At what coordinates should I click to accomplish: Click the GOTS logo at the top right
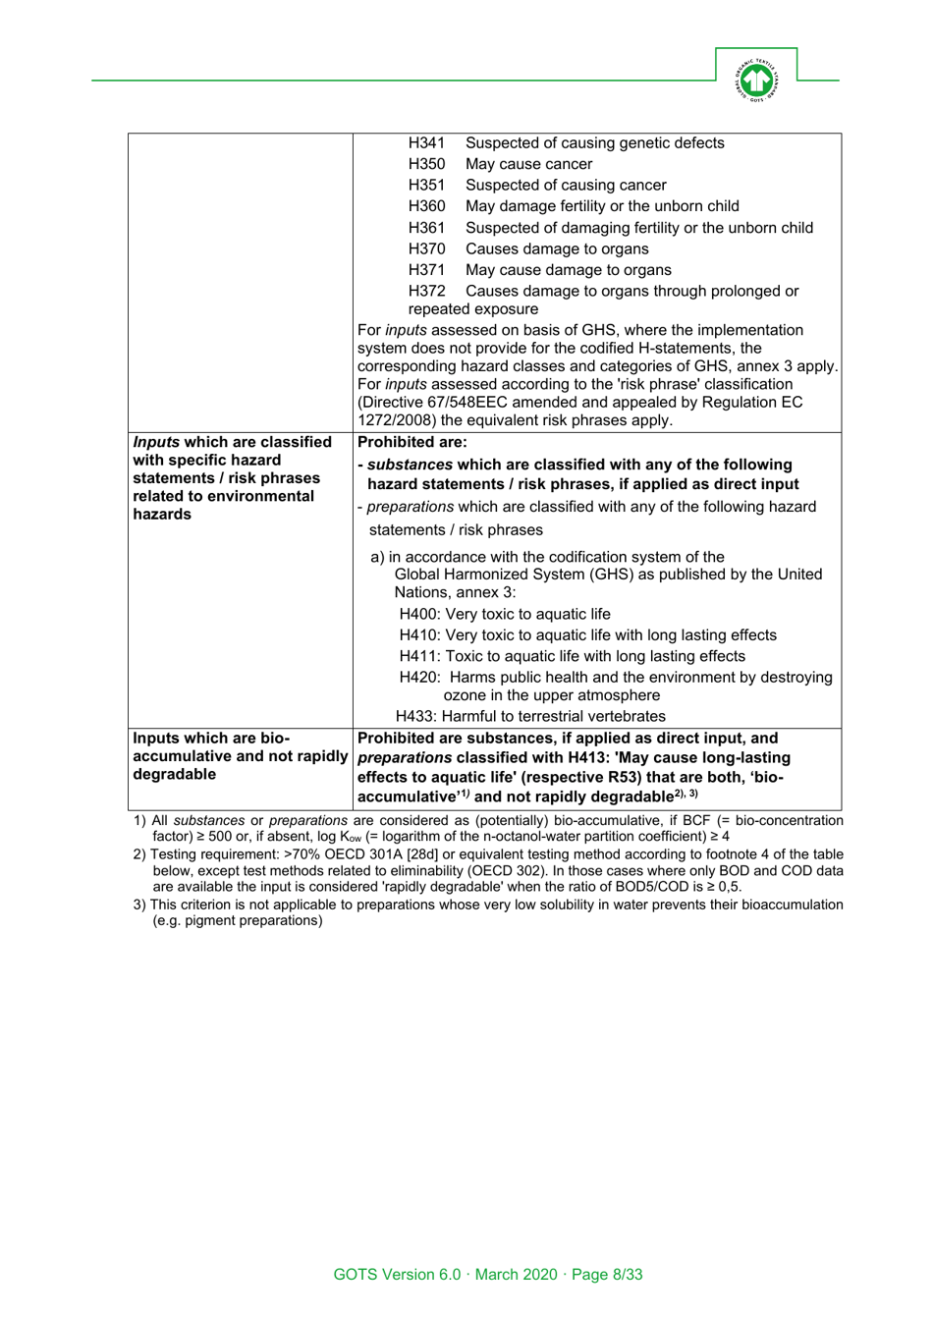755,80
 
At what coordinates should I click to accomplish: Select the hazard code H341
426,143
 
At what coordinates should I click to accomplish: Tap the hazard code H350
426,164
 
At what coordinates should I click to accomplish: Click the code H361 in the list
426,228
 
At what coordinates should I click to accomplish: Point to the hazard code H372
426,291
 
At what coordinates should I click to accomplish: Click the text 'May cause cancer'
528,164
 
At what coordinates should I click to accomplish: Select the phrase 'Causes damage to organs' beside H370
557,249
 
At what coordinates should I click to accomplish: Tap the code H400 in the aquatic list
418,615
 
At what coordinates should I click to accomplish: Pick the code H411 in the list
418,656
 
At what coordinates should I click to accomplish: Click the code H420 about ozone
418,678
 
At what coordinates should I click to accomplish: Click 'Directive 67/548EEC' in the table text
433,403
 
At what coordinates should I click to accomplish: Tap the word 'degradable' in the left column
174,775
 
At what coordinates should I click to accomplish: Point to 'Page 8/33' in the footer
607,1275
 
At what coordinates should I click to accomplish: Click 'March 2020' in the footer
516,1275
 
